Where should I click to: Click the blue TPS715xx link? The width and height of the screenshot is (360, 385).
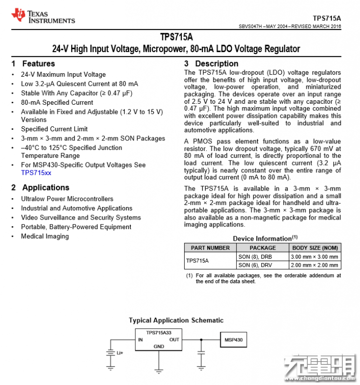pos(36,173)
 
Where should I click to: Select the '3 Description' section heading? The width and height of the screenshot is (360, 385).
pos(211,64)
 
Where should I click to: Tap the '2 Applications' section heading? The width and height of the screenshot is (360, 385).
pos(41,187)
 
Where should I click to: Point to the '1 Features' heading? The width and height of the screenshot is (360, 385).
pos(33,64)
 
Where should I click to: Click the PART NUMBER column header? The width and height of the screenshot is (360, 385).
pos(210,248)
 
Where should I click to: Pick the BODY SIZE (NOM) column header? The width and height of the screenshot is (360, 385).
pos(315,248)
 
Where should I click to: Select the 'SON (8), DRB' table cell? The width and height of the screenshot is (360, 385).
pos(255,257)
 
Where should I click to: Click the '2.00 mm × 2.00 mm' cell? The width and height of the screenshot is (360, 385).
pos(315,265)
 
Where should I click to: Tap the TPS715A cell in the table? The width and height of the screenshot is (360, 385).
pos(197,261)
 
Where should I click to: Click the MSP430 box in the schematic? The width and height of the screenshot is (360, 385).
pos(233,340)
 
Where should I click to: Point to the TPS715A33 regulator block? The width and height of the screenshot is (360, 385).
pos(158,339)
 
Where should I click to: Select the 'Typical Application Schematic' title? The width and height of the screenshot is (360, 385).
pos(176,320)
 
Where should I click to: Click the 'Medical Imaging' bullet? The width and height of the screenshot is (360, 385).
pos(45,236)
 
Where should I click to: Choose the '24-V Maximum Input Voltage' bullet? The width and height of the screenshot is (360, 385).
pos(63,75)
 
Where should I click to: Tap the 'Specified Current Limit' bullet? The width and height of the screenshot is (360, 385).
pos(54,129)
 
